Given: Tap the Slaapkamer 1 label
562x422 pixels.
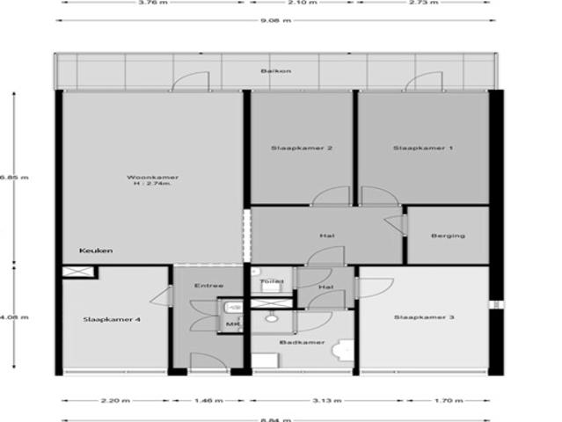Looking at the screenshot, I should point(423,148).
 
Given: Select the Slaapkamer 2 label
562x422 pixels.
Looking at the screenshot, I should point(302,148).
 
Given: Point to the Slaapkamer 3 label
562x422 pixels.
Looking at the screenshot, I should point(423,317).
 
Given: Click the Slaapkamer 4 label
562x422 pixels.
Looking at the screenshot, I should point(112,319).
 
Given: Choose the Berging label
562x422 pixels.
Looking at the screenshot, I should point(448,236).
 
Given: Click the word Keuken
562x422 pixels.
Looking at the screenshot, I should point(96,251).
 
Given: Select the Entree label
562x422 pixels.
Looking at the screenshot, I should point(208,286).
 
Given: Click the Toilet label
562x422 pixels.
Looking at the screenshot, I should point(272,281).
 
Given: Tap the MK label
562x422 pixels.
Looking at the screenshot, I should point(232,324).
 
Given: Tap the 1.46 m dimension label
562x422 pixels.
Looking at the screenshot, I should point(208,401).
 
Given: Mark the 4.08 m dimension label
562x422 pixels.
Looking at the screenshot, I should point(13,317).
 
